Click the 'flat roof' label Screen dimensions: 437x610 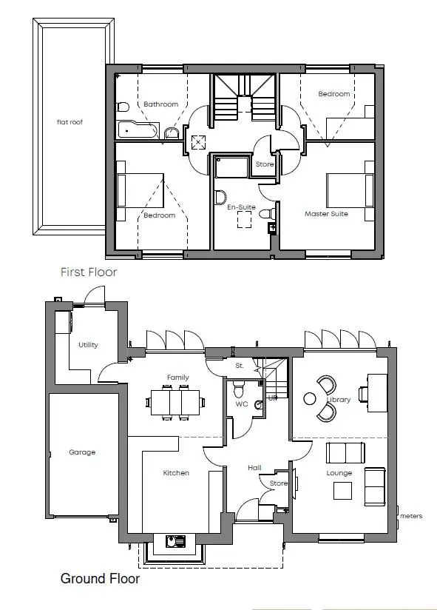[x=70, y=122]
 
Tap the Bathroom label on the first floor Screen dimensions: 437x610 [x=160, y=104]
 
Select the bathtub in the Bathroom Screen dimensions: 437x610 [x=138, y=130]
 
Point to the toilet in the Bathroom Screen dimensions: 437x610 [x=123, y=107]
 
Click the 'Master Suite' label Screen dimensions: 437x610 [x=326, y=214]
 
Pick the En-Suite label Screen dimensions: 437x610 [x=241, y=207]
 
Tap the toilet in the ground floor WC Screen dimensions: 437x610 [x=238, y=388]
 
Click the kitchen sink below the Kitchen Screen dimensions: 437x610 [x=175, y=541]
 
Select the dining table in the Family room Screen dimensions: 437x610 [x=175, y=402]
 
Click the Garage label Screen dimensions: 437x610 [x=82, y=452]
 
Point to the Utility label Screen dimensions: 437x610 [x=88, y=345]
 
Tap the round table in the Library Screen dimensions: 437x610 [x=310, y=398]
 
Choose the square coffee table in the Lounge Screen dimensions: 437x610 [x=342, y=491]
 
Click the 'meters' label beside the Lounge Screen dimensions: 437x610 [x=411, y=516]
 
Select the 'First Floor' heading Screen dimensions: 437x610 [x=89, y=272]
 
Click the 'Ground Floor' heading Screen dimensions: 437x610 [x=100, y=578]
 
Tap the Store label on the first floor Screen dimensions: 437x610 [x=265, y=164]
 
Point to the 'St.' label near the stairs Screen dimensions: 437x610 [x=240, y=366]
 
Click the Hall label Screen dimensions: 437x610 [x=254, y=468]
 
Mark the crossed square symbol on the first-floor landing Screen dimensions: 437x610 [x=198, y=142]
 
